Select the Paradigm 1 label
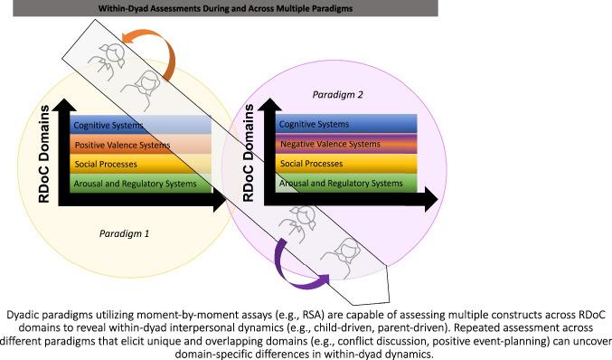(x=125, y=232)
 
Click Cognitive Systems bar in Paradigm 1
(x=140, y=124)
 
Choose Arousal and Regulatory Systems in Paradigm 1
(x=140, y=183)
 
